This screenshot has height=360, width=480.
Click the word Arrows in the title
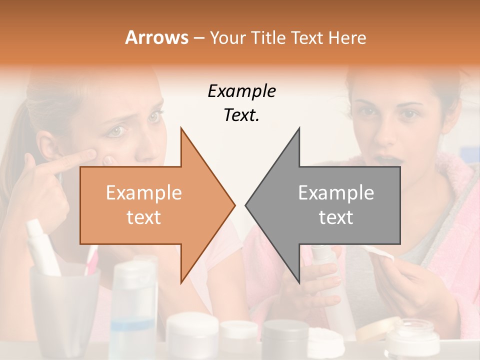(x=156, y=37)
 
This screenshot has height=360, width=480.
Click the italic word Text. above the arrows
(x=241, y=115)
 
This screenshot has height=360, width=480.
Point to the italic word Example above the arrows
(x=241, y=91)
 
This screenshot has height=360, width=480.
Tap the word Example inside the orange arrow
(x=144, y=193)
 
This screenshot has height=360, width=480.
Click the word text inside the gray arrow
(x=336, y=217)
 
